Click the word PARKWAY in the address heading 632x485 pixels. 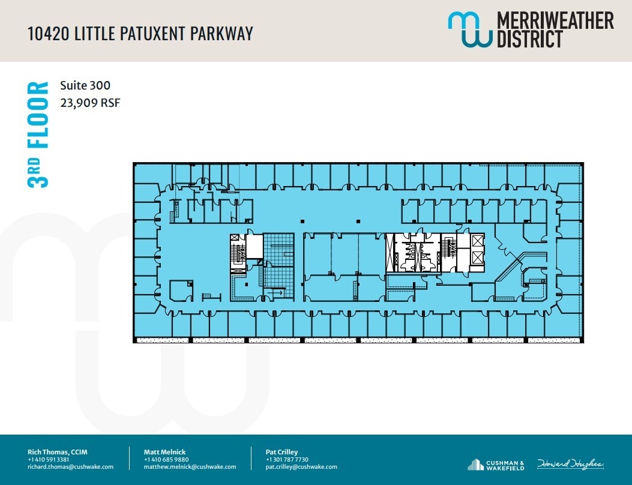click(x=221, y=34)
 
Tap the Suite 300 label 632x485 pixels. click(x=85, y=86)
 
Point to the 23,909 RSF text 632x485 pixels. click(x=90, y=103)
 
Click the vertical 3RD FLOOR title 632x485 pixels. click(x=38, y=134)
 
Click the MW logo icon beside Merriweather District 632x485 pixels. click(x=469, y=29)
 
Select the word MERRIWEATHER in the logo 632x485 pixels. click(x=555, y=21)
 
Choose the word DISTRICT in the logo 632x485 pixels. click(x=529, y=39)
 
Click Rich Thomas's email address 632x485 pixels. click(x=70, y=467)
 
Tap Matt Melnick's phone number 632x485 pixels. click(x=162, y=460)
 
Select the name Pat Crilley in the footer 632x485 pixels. click(x=281, y=452)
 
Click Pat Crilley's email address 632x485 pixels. click(x=301, y=467)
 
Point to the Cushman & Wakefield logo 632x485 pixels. click(x=496, y=465)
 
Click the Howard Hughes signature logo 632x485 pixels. click(x=570, y=464)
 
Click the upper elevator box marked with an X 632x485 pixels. click(x=478, y=241)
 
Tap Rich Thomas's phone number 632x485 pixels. click(x=49, y=460)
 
